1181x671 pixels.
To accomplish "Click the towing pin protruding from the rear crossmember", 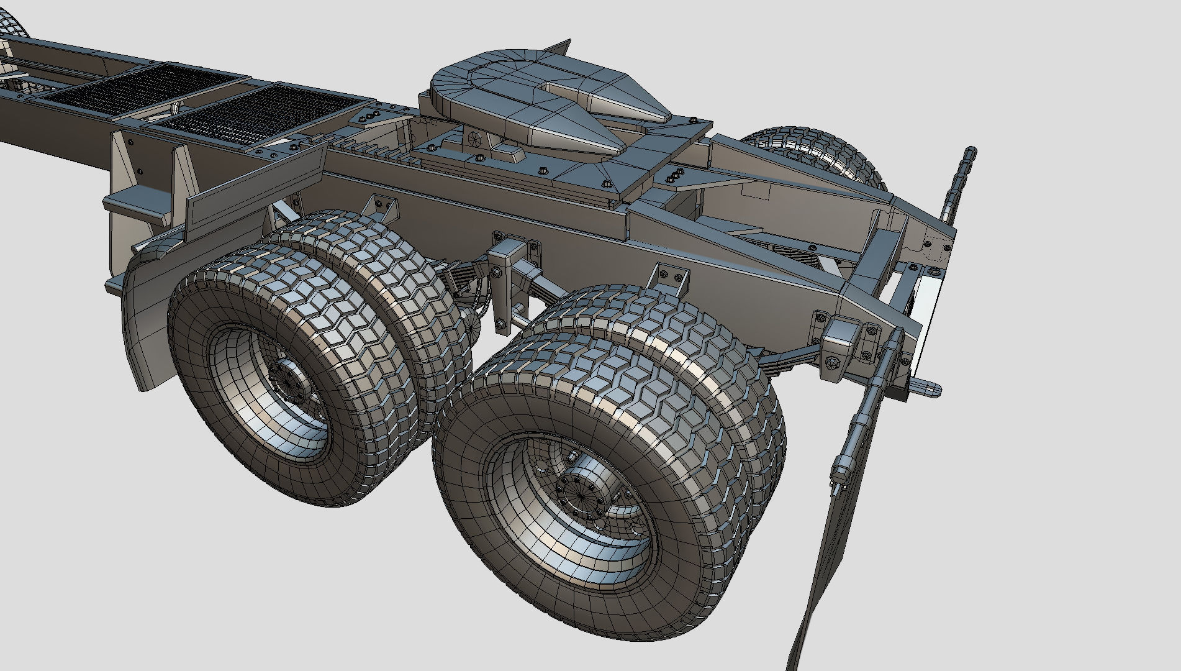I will coord(925,389).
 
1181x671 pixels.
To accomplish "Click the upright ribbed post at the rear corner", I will coord(956,186).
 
